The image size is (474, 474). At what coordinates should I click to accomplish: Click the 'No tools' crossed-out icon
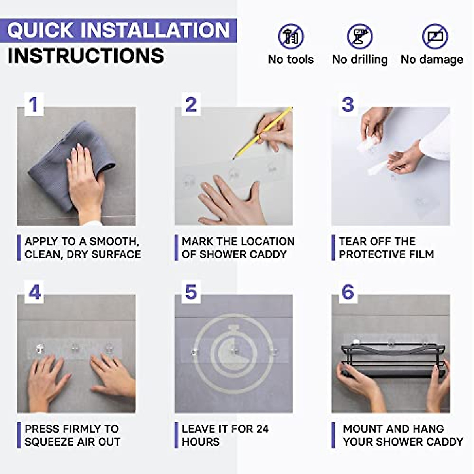click(x=291, y=36)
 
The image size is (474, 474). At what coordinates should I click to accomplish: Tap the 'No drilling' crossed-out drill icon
click(x=360, y=36)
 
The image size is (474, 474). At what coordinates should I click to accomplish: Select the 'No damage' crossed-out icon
click(x=435, y=36)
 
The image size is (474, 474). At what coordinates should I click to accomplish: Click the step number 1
click(x=34, y=105)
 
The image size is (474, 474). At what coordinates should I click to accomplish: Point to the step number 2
click(x=191, y=105)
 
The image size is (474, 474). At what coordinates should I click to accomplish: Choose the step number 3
click(x=348, y=105)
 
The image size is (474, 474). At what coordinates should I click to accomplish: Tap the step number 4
click(x=35, y=292)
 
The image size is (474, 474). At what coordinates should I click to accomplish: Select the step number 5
click(x=191, y=292)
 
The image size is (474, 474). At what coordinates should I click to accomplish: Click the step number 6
click(x=348, y=292)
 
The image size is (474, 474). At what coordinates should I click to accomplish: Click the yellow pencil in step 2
click(x=263, y=133)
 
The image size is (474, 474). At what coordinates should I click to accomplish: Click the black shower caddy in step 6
click(x=393, y=361)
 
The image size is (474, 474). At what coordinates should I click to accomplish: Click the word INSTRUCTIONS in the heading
click(x=86, y=56)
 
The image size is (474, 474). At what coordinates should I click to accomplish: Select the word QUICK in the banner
click(x=41, y=30)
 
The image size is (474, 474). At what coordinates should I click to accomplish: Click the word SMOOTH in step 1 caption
click(x=113, y=241)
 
